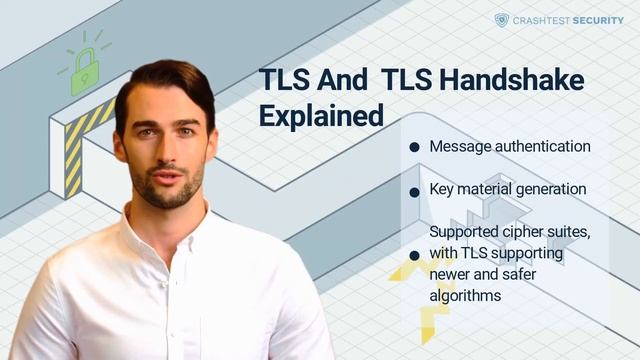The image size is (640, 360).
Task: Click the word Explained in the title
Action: pos(321,115)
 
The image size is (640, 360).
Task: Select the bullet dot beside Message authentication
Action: pos(414,147)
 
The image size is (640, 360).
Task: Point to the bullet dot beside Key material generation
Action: pos(414,189)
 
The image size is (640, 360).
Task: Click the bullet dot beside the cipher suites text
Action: pos(414,255)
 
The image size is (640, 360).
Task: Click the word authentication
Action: pos(539,147)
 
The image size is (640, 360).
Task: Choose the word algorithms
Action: pos(465,296)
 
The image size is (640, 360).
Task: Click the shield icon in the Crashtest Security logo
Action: pos(502,19)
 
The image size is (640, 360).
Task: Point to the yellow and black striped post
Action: pos(73,151)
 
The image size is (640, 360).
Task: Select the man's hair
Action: pos(165,82)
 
